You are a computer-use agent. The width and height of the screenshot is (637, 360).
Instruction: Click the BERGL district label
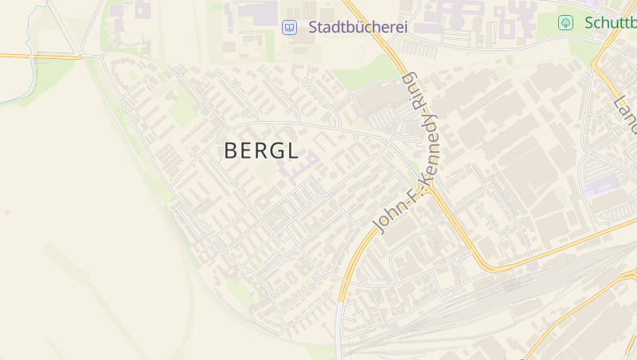pyautogui.click(x=261, y=151)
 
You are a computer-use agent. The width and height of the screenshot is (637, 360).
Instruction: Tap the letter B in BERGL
pyautogui.click(x=231, y=151)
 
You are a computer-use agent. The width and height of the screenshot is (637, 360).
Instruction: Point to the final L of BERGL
pyautogui.click(x=292, y=151)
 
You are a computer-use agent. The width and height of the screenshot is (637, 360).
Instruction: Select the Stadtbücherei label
pyautogui.click(x=358, y=27)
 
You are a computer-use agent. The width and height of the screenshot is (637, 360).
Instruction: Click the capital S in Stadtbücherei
pyautogui.click(x=313, y=27)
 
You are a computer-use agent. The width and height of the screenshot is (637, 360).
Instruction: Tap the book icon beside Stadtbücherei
pyautogui.click(x=289, y=27)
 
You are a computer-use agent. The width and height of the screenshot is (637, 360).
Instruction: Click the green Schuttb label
pyautogui.click(x=610, y=22)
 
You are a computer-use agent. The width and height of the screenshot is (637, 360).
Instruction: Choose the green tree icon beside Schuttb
pyautogui.click(x=565, y=22)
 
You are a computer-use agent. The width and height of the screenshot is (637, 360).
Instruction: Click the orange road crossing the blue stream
pyautogui.click(x=32, y=56)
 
